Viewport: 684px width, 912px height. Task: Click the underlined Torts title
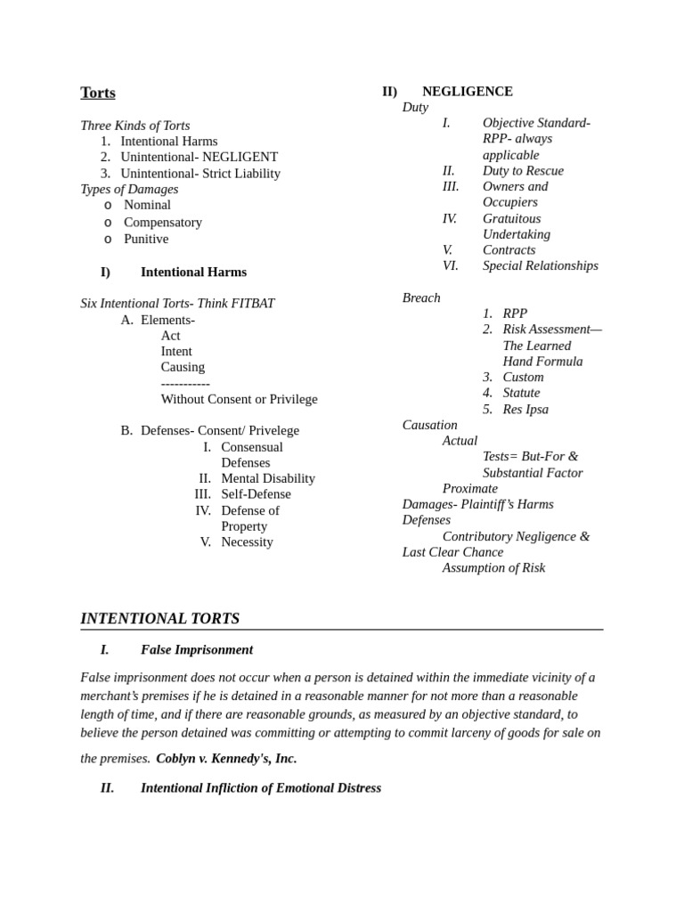click(98, 93)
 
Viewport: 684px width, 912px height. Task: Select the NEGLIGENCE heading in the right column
click(467, 91)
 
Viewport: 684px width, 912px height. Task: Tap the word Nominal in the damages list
click(147, 205)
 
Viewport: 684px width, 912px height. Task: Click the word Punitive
click(146, 239)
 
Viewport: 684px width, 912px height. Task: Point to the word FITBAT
click(254, 304)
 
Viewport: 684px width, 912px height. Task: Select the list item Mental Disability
click(268, 478)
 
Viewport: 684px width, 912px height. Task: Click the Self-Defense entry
click(256, 494)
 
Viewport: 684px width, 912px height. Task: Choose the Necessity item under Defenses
click(247, 541)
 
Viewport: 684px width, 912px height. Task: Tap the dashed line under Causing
click(185, 383)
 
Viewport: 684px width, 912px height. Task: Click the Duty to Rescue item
click(523, 170)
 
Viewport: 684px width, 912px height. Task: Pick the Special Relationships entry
click(540, 265)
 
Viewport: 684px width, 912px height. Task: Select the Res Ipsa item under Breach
click(525, 409)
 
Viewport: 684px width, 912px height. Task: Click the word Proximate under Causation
click(469, 488)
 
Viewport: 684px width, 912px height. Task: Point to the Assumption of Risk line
click(493, 567)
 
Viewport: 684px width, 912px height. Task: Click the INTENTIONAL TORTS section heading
click(159, 618)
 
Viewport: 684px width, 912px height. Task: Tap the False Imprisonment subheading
click(196, 649)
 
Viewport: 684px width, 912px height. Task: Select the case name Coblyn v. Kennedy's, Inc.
click(226, 758)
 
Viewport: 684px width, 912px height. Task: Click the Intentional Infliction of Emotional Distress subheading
click(260, 787)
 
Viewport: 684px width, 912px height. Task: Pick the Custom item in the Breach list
click(523, 377)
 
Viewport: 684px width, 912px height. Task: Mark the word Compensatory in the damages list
click(163, 222)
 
